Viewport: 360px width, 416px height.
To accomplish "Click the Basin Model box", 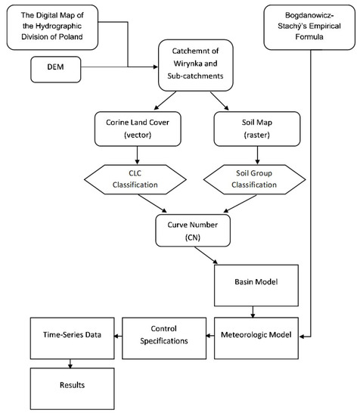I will point(251,282).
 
